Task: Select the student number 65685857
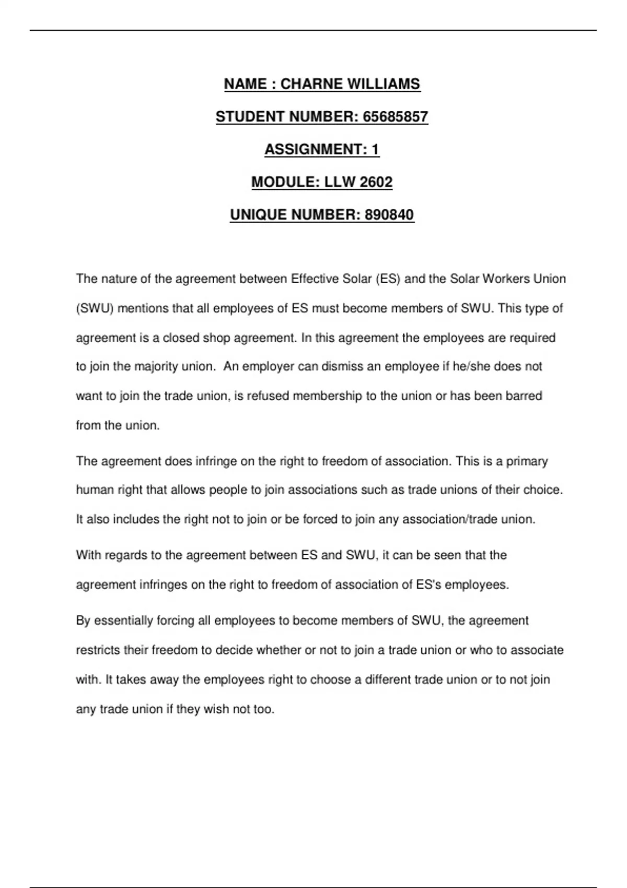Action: coord(395,116)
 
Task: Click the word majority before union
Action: coord(156,367)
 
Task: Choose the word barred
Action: coord(524,396)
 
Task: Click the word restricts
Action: coord(98,650)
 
